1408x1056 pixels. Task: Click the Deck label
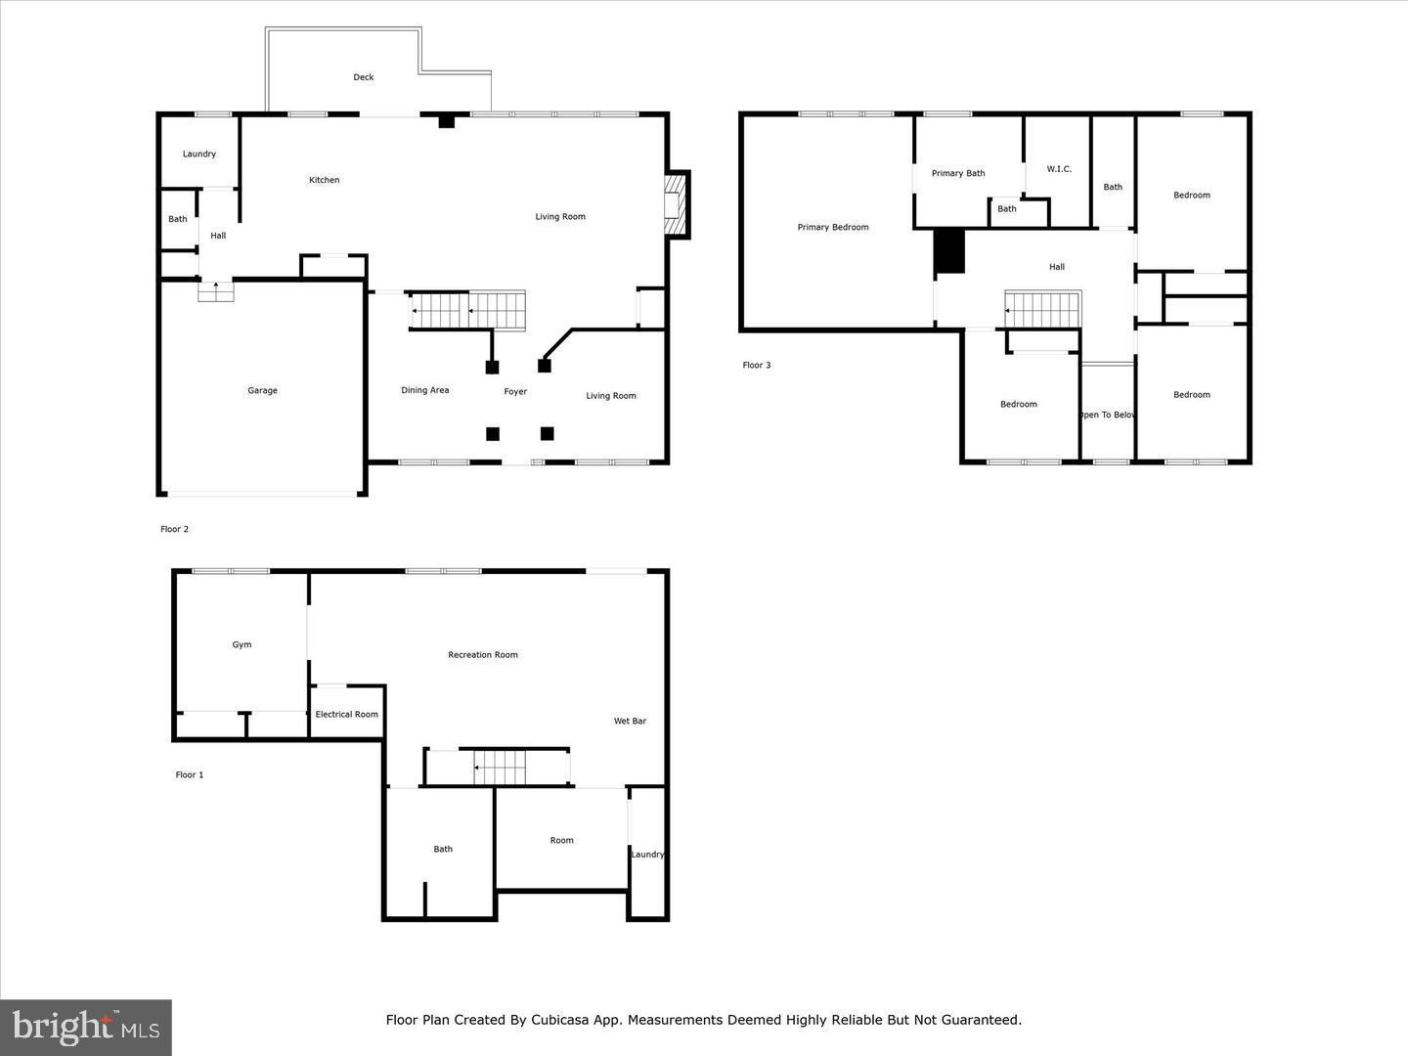coord(364,77)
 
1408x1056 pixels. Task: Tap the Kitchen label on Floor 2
coord(325,180)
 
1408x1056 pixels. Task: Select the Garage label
coord(262,391)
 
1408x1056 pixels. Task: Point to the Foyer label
coord(515,392)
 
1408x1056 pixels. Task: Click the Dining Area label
coord(425,391)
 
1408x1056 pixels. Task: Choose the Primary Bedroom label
coord(833,228)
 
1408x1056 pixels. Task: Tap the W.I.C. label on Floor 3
coord(1059,169)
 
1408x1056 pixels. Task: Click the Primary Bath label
coord(958,174)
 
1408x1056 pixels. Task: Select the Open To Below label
coord(1108,416)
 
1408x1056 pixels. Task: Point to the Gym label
coord(242,645)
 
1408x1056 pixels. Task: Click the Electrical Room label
coord(346,715)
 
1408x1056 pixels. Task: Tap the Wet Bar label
coord(630,722)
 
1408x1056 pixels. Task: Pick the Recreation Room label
coord(483,655)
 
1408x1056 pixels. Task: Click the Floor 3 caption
coord(757,366)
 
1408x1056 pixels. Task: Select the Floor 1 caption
coord(190,775)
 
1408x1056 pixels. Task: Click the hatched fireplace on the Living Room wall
coord(676,205)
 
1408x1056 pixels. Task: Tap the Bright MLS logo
coord(86,1027)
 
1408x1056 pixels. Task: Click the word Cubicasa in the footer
coord(561,1020)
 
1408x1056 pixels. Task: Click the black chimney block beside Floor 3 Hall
coord(949,252)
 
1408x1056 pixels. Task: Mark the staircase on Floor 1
coord(499,768)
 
